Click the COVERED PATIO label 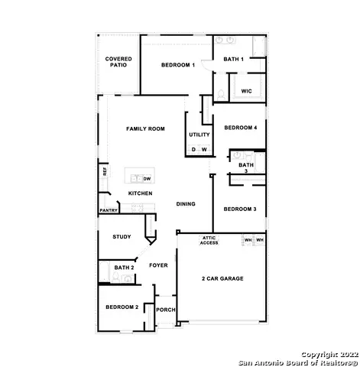(118, 62)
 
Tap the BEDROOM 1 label (178, 66)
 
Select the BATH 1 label (234, 59)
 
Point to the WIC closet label (246, 91)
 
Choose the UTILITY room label (199, 135)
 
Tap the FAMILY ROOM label (145, 129)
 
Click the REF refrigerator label (104, 172)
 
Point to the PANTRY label (109, 210)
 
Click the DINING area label (186, 204)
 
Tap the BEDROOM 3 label (239, 209)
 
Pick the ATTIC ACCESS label (209, 241)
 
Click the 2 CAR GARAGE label (222, 278)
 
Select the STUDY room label (122, 237)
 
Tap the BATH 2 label (124, 268)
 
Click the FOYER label (158, 265)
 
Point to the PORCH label (166, 310)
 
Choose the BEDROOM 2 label (122, 307)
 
